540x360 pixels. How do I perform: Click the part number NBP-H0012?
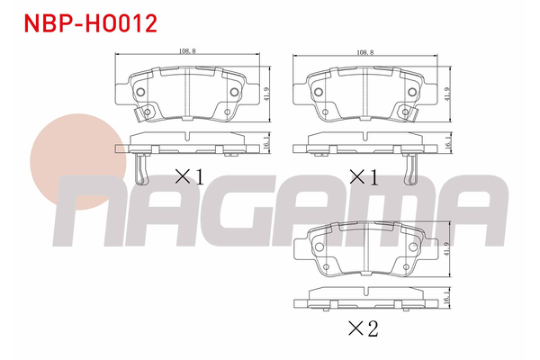(x=91, y=23)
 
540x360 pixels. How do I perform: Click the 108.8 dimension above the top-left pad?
(x=187, y=51)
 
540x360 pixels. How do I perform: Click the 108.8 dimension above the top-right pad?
(x=365, y=52)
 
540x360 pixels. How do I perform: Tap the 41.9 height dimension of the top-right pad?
(x=447, y=94)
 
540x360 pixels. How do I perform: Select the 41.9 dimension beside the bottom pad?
(x=447, y=248)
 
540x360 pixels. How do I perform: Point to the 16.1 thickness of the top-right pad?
(x=447, y=142)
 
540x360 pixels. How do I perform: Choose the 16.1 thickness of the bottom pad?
(x=447, y=297)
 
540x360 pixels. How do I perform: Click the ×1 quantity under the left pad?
(x=190, y=177)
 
